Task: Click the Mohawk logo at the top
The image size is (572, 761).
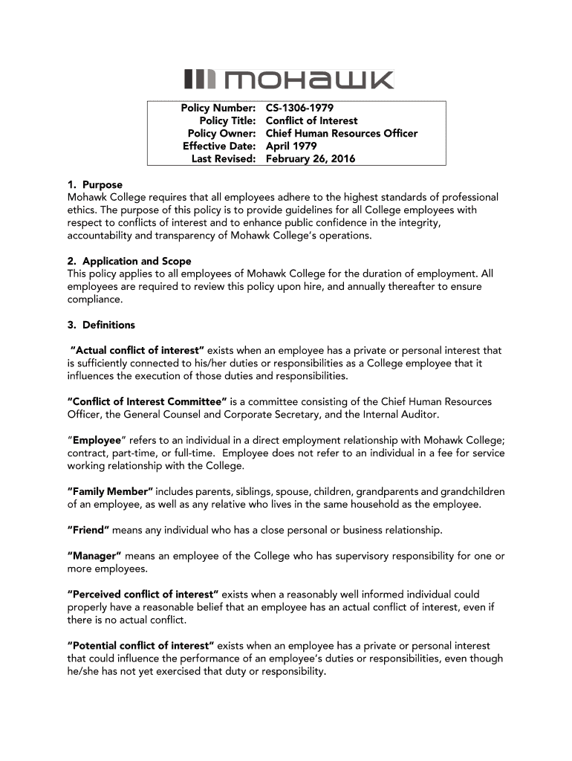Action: [289, 80]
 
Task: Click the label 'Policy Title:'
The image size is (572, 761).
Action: [227, 121]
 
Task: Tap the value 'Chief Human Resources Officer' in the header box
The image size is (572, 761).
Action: [342, 134]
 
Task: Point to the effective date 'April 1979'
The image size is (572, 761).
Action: [291, 146]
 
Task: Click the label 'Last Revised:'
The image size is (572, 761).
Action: [224, 159]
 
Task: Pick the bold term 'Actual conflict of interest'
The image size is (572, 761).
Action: [137, 351]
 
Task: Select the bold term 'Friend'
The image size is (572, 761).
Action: [88, 531]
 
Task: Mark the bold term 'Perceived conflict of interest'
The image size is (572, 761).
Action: [143, 595]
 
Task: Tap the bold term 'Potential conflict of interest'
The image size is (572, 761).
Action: [140, 646]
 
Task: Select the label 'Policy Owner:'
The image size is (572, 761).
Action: [221, 134]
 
